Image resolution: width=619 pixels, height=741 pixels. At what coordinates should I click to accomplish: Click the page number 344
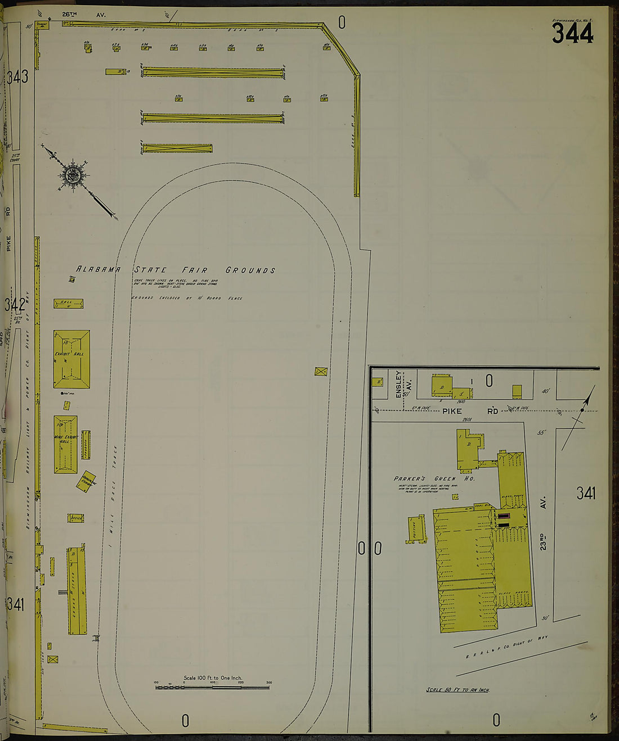tap(572, 34)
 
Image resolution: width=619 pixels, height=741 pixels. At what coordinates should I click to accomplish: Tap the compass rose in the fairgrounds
tap(73, 175)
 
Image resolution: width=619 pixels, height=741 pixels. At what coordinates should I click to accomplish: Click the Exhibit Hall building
tap(71, 359)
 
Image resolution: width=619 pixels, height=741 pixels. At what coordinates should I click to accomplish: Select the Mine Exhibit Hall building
tap(65, 444)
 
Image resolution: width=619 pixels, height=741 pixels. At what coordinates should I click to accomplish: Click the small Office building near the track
tap(76, 518)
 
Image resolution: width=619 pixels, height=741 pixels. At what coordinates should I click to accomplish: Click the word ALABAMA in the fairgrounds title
tap(98, 270)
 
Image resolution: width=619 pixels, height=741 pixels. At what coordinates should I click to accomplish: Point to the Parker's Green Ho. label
tap(434, 479)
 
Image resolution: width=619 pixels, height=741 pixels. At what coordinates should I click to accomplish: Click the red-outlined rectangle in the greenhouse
tap(504, 516)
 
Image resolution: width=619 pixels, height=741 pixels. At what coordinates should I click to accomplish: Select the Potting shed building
tap(416, 529)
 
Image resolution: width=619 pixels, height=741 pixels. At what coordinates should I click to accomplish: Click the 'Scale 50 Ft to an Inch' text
tap(457, 690)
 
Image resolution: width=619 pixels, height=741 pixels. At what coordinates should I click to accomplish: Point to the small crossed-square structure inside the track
tap(321, 371)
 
